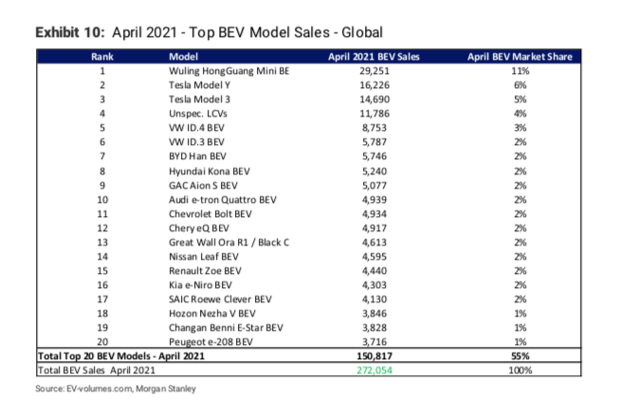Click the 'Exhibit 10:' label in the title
(70, 32)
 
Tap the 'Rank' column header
(101, 57)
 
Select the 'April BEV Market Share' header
(520, 57)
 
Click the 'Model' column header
(183, 57)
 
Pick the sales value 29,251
(374, 71)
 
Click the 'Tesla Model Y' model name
(199, 85)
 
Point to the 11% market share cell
(520, 71)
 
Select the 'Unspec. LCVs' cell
(197, 114)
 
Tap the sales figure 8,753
(374, 128)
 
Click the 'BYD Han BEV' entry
(197, 156)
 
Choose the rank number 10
(102, 200)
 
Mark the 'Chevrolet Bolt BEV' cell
(210, 214)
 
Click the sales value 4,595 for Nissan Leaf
(374, 257)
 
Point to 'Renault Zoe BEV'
(205, 271)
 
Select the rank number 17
(102, 299)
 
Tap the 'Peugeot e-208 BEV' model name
(210, 342)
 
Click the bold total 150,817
(374, 356)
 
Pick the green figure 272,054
(374, 371)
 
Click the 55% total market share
(520, 356)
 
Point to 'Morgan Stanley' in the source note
(166, 389)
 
